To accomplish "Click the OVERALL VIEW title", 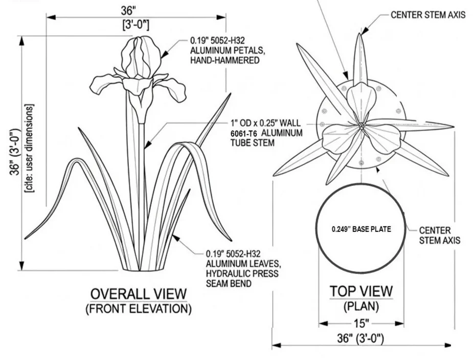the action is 139,294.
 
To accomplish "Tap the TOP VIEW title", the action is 361,291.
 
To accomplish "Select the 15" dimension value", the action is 361,324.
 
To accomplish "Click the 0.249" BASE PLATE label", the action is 362,229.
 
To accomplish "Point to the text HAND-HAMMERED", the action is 224,60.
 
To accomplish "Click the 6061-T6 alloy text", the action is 244,134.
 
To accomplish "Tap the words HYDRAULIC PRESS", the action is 242,273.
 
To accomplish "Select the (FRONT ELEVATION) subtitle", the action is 139,309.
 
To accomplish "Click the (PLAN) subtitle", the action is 361,307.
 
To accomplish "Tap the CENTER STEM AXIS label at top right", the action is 428,15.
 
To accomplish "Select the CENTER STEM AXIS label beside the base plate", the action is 440,235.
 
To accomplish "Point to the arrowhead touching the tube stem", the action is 147,144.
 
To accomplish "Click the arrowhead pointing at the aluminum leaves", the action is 176,238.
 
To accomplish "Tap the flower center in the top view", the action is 361,126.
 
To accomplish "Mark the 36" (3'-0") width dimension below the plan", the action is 361,338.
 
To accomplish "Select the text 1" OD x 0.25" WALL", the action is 265,123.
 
